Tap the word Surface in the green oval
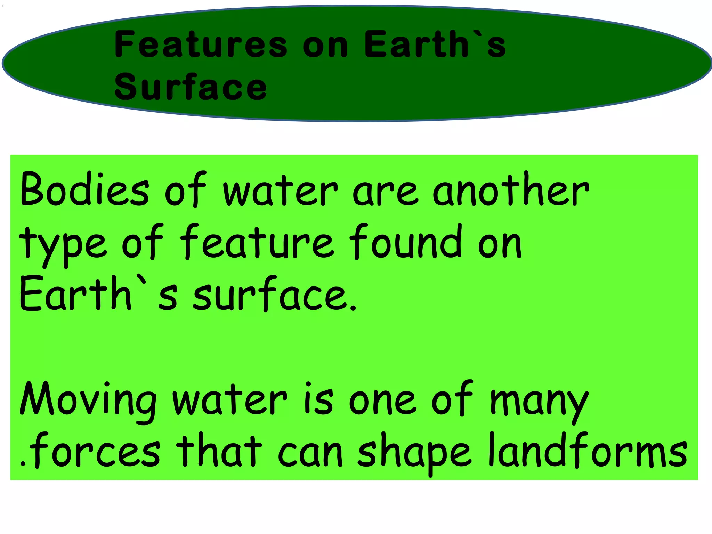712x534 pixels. (x=191, y=87)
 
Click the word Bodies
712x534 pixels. (x=84, y=190)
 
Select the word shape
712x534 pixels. (x=414, y=452)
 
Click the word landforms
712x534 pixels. (x=588, y=451)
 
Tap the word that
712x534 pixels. (x=219, y=451)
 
